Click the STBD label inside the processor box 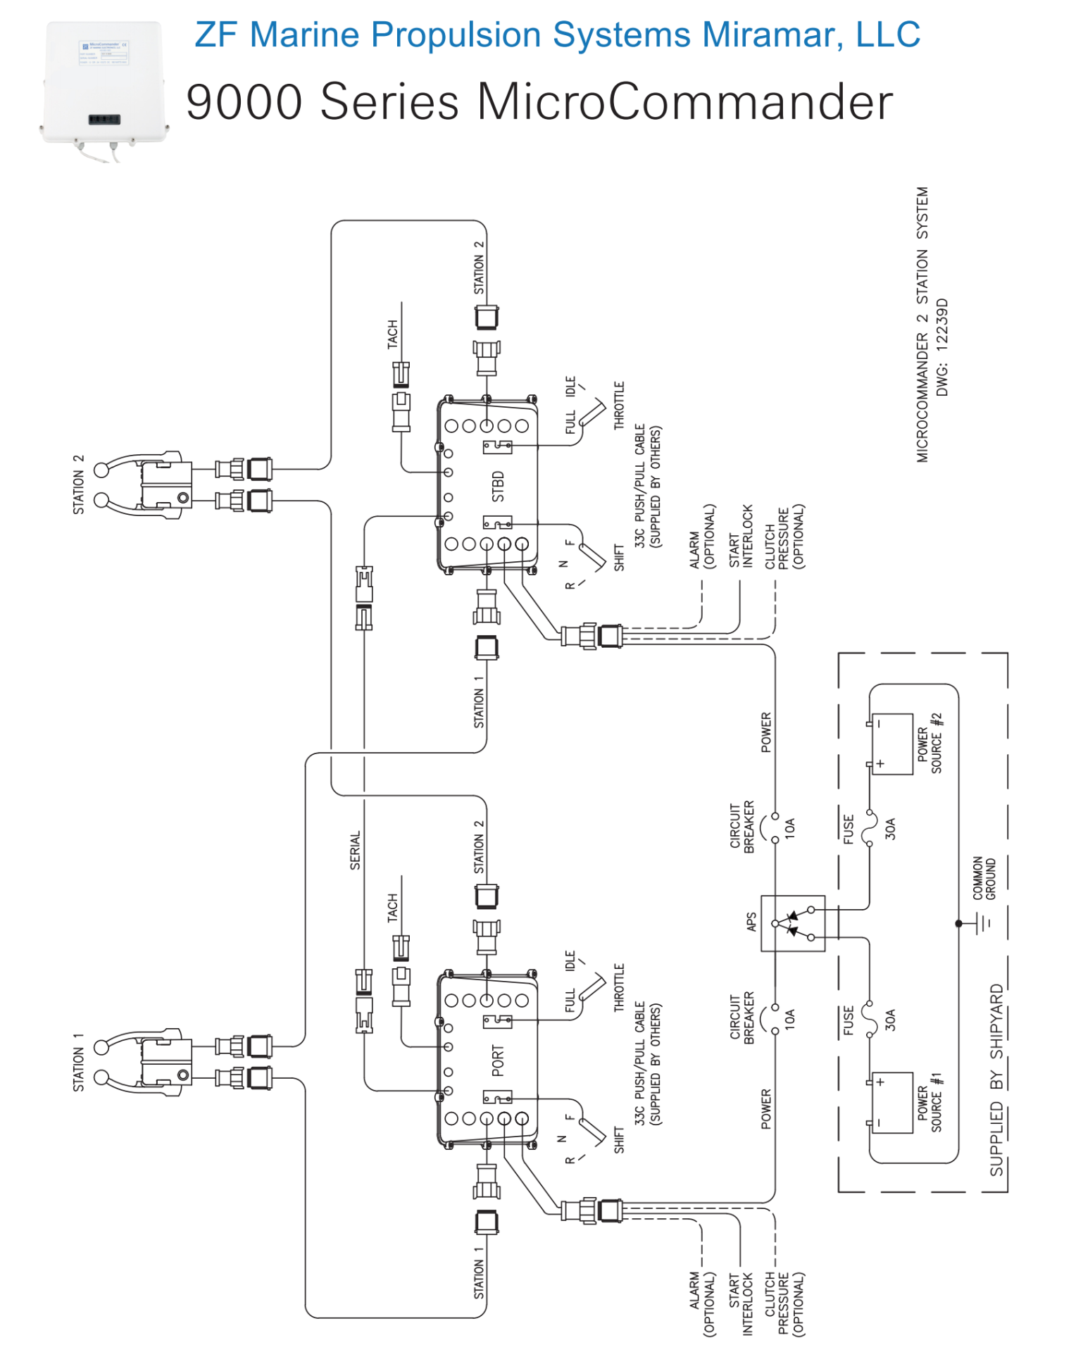[499, 486]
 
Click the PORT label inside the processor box [499, 1060]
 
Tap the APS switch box [793, 923]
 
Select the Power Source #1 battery [893, 1103]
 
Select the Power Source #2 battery [893, 744]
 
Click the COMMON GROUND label [984, 878]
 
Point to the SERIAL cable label [356, 850]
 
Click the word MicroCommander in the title [684, 102]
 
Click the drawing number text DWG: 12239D [943, 346]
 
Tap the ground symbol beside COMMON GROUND [983, 922]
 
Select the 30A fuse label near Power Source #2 [891, 829]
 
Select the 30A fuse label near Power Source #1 [891, 1020]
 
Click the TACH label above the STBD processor [393, 334]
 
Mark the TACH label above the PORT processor [393, 908]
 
